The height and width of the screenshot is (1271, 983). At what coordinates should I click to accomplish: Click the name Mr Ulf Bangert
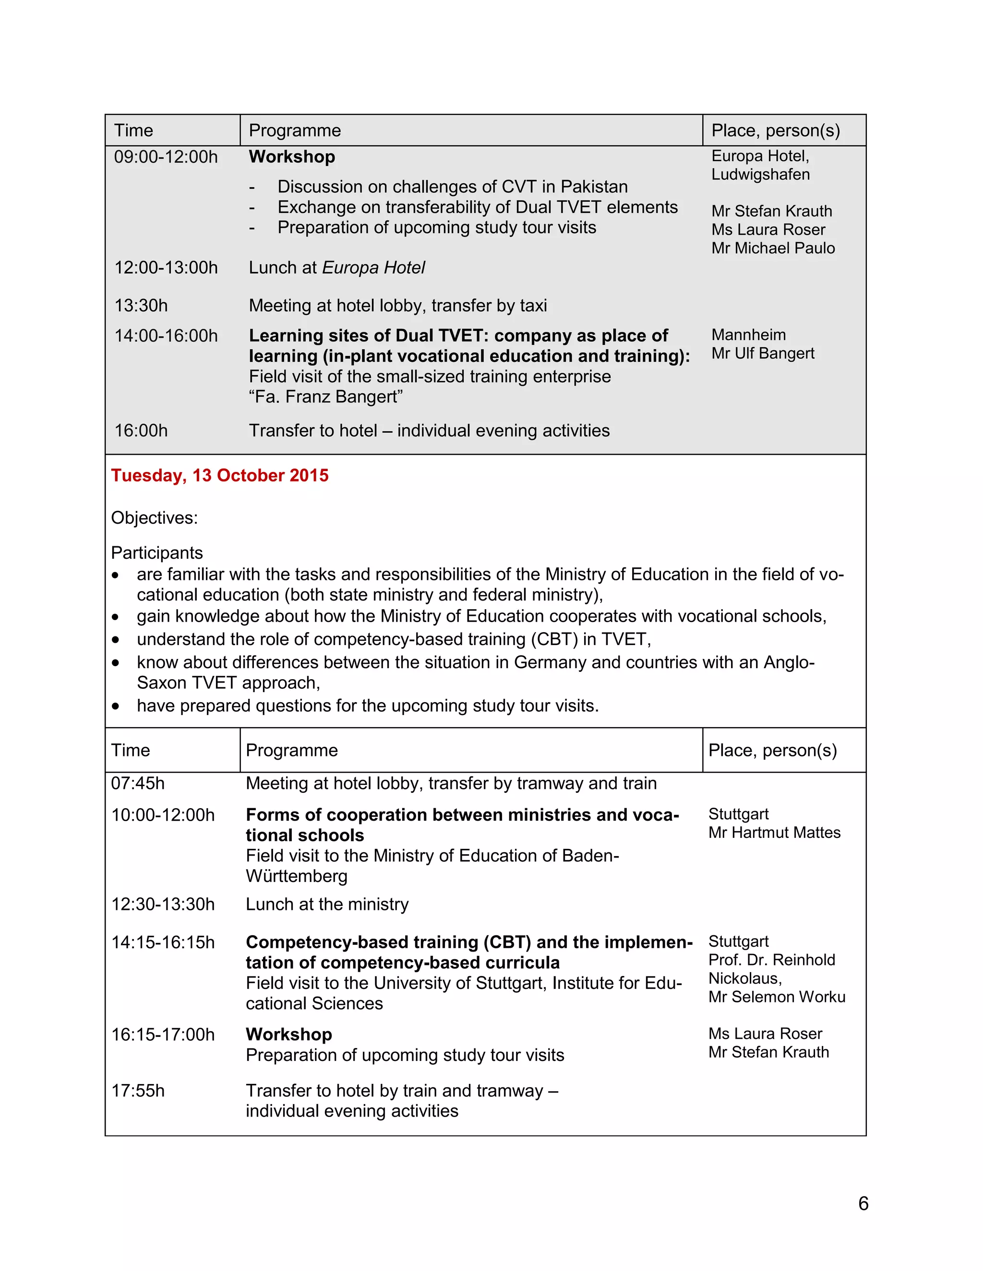click(762, 353)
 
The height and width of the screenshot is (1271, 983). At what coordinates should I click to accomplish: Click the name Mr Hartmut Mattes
click(774, 832)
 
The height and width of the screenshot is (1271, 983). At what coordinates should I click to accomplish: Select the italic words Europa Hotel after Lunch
click(373, 268)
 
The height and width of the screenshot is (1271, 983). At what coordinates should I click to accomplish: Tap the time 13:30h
click(141, 306)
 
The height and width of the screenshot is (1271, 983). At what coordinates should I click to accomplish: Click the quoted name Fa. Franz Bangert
click(326, 397)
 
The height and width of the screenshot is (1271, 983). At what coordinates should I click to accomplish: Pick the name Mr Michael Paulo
click(773, 248)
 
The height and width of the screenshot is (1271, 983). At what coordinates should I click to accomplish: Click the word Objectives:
click(155, 518)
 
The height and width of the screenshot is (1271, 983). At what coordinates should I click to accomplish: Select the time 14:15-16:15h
click(163, 942)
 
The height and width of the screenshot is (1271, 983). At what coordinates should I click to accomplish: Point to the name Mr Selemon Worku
click(776, 997)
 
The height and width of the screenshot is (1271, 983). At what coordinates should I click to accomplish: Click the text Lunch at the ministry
click(327, 905)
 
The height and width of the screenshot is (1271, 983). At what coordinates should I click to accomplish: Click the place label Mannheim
click(748, 335)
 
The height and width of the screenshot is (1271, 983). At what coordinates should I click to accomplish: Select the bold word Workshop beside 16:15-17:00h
click(288, 1034)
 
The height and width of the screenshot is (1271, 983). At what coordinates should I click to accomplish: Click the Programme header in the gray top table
click(295, 130)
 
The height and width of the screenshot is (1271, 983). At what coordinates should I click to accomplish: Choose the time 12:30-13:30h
click(163, 905)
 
